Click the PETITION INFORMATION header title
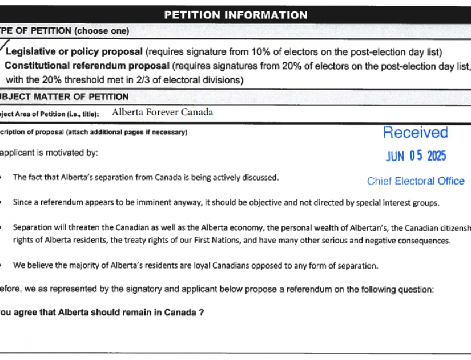tap(235, 15)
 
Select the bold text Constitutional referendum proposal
tap(87, 66)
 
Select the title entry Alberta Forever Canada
tap(163, 113)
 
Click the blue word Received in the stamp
tap(415, 133)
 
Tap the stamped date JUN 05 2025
tap(416, 156)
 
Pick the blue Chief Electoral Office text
tap(416, 181)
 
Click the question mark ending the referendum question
tap(202, 313)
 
